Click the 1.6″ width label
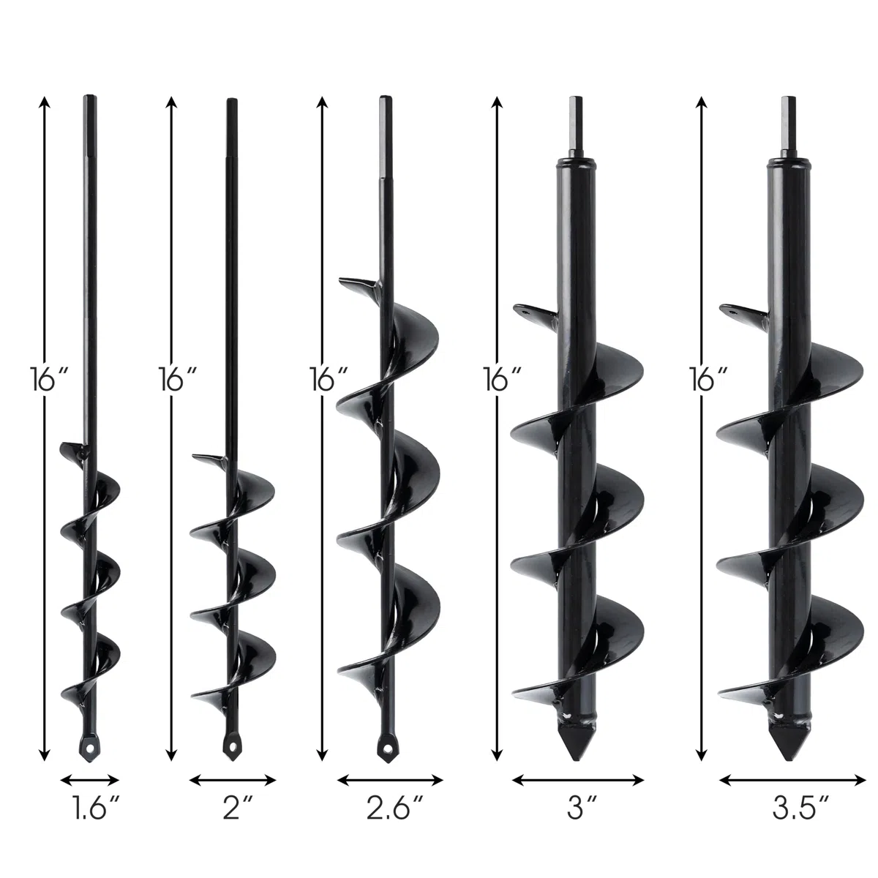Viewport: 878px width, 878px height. (x=95, y=808)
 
